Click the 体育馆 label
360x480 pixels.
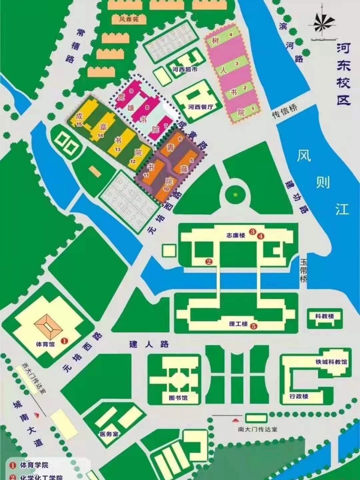(x=45, y=343)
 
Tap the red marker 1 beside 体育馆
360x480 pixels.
(x=64, y=340)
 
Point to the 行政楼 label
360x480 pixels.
(x=299, y=396)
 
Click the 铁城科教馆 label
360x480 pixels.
(x=331, y=362)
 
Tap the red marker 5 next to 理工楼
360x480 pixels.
(x=254, y=326)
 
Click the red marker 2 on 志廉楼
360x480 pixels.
(x=209, y=262)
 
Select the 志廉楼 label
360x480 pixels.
(x=236, y=235)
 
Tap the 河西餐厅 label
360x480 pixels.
(x=200, y=107)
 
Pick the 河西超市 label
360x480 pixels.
(x=185, y=69)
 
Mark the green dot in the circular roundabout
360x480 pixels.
(x=235, y=194)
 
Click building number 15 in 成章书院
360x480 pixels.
(x=79, y=124)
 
